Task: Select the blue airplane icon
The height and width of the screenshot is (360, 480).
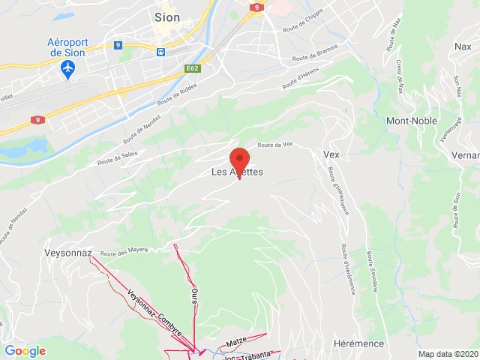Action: (x=69, y=68)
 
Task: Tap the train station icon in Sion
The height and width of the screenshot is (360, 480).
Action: (x=160, y=51)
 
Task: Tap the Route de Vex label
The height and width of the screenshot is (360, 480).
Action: (x=274, y=145)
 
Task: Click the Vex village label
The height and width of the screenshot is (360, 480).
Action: (x=331, y=154)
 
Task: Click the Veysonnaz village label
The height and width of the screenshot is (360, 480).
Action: (x=67, y=253)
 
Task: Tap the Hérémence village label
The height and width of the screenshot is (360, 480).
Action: (x=358, y=343)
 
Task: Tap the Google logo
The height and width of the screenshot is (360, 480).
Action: (x=25, y=350)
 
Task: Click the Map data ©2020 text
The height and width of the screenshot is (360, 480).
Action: (x=448, y=354)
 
